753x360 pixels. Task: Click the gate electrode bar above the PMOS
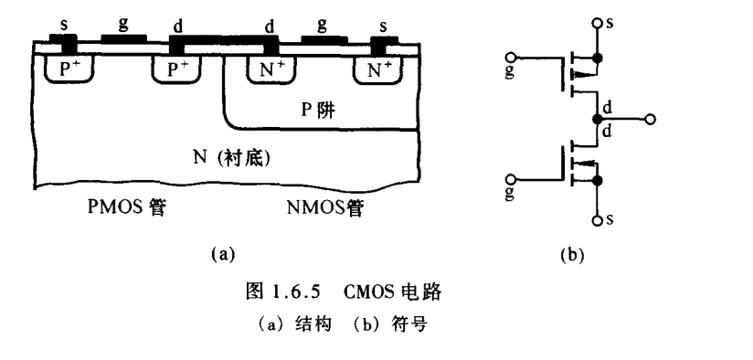click(x=122, y=39)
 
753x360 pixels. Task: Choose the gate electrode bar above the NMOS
click(x=323, y=39)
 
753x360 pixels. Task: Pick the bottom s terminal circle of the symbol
click(x=598, y=221)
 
